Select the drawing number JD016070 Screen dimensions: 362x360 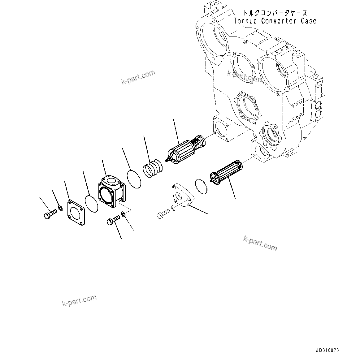[327, 351]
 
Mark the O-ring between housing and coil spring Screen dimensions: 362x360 [134, 178]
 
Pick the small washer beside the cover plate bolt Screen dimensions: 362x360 [61, 207]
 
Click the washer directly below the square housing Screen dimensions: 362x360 [123, 214]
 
